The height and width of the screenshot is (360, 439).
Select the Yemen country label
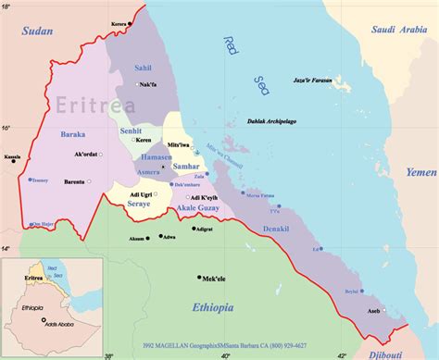tap(420, 173)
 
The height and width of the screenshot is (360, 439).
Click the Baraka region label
tap(73, 134)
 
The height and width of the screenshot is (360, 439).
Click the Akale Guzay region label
tap(196, 210)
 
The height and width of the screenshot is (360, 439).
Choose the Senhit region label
tap(132, 131)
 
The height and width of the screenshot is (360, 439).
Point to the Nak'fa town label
tap(148, 84)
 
